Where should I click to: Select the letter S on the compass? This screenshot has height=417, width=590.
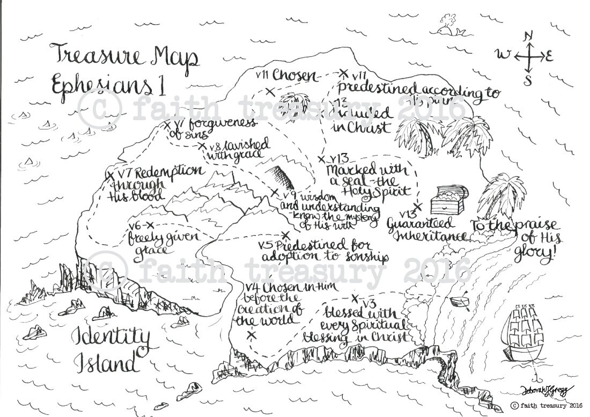pos(528,81)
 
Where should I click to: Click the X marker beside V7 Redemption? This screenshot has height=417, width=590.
pos(110,175)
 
